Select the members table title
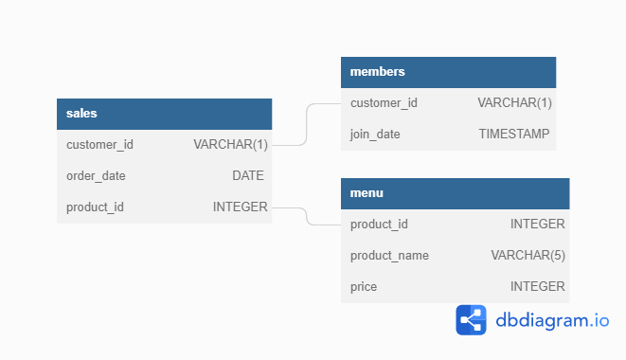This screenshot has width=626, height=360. tap(378, 72)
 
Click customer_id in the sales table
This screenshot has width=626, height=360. tap(99, 145)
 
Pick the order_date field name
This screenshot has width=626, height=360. tap(96, 175)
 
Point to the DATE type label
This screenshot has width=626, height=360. tap(248, 175)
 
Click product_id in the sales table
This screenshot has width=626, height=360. tap(95, 207)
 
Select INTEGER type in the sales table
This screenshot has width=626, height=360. tap(240, 207)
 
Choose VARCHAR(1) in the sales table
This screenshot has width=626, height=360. tap(230, 145)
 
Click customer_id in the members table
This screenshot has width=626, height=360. tap(384, 103)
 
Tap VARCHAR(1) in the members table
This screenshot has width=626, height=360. tap(514, 103)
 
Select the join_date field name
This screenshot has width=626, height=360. tap(375, 135)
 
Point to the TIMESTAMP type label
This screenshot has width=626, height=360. tap(513, 135)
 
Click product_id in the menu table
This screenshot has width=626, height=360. tap(379, 225)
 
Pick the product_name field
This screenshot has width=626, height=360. tap(389, 256)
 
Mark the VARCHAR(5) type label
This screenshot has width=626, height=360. tap(528, 256)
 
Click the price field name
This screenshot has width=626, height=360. tap(364, 286)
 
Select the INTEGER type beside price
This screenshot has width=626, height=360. tap(537, 286)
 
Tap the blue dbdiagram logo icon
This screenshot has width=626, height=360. tap(471, 320)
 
